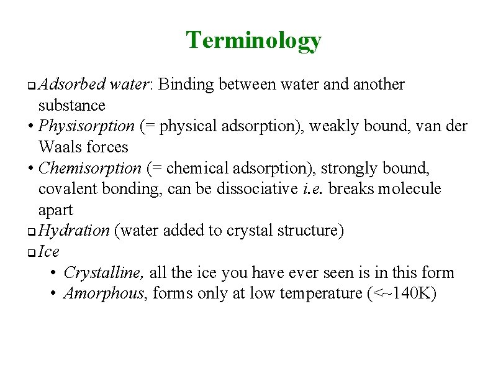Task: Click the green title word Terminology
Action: [x=253, y=40]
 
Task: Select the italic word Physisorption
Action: [x=86, y=126]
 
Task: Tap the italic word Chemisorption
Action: [x=90, y=168]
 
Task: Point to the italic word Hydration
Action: [x=74, y=231]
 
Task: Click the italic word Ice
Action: [x=49, y=251]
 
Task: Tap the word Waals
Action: [x=60, y=147]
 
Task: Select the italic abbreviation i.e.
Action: [x=312, y=189]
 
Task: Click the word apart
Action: [x=55, y=210]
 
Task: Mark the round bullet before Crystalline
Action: [x=55, y=273]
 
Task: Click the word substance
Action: [x=71, y=105]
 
